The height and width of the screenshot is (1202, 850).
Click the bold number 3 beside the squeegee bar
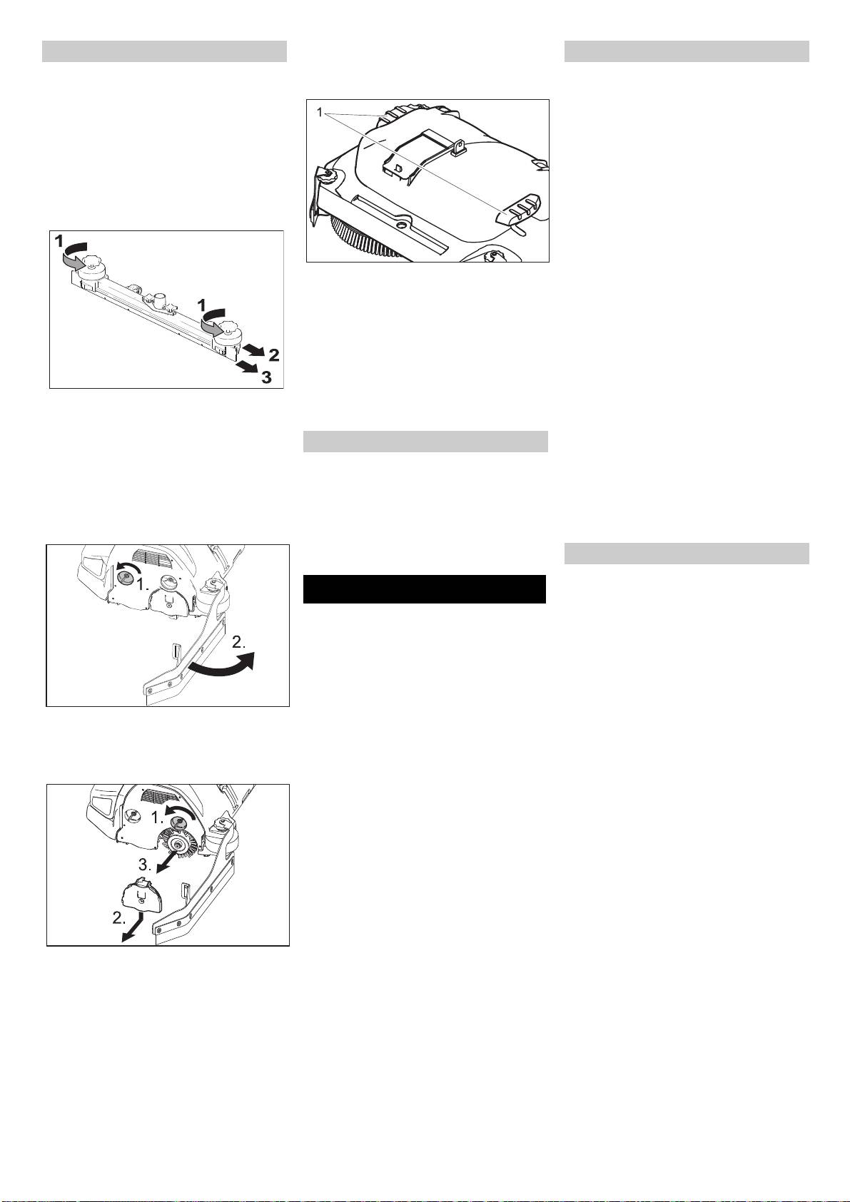point(266,377)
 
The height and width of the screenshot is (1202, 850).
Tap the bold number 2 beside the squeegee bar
point(273,355)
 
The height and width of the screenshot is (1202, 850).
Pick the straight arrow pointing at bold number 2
point(253,350)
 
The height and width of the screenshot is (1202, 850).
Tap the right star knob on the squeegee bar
point(231,327)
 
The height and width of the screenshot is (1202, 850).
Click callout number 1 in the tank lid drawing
point(320,113)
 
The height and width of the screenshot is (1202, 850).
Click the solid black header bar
point(424,589)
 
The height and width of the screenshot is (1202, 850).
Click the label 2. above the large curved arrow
point(238,641)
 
